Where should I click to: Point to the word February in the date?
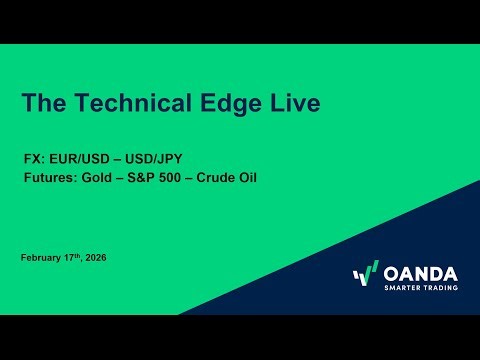[41, 258]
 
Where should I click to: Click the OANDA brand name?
[421, 273]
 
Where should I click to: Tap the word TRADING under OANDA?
[442, 289]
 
